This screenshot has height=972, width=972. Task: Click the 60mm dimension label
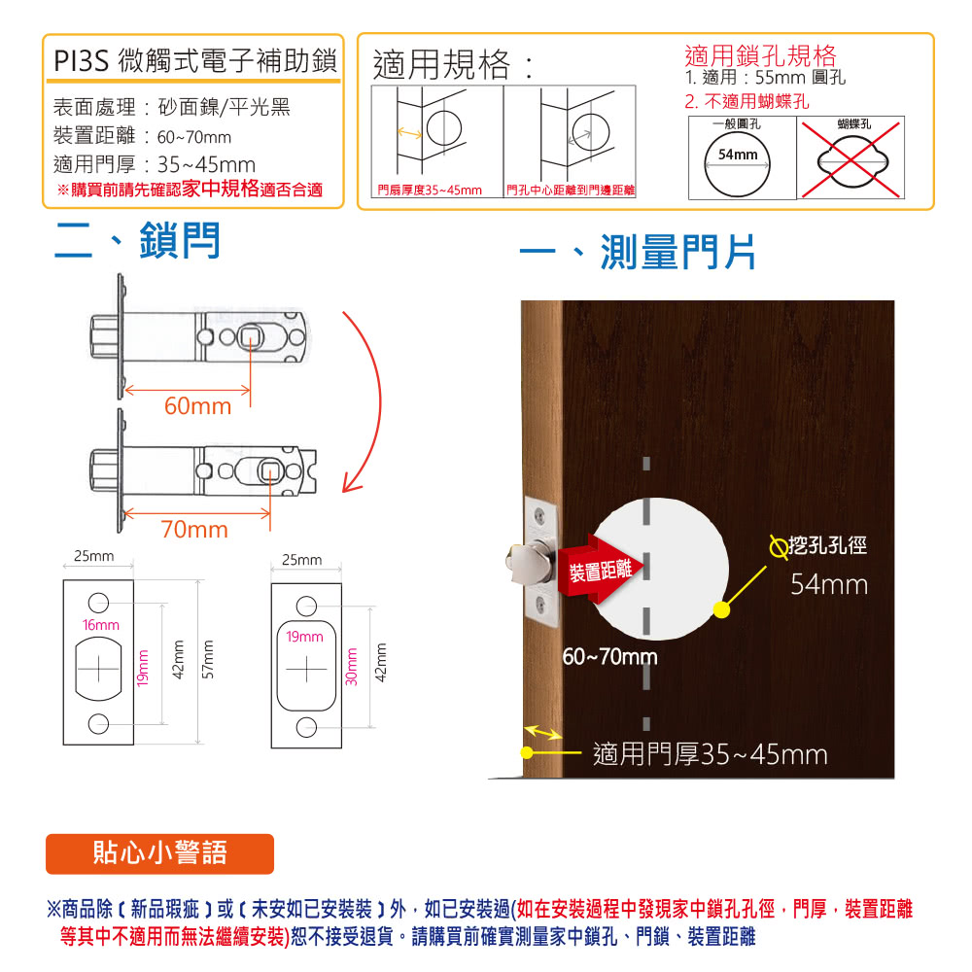coord(197,406)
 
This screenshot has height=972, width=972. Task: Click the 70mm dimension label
coord(194,530)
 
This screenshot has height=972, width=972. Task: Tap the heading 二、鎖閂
coord(137,242)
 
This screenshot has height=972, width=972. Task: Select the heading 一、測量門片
coord(638,255)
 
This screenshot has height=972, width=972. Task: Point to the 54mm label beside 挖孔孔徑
coord(829,585)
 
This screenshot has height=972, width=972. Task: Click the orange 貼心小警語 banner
coord(160,853)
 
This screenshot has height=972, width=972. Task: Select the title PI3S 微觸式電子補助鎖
coord(194,63)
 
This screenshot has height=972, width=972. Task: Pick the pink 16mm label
coord(100,624)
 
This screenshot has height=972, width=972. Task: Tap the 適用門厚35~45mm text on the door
coord(710,754)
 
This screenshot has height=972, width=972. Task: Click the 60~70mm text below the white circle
coord(609,657)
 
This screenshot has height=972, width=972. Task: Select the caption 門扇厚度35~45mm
coord(429,190)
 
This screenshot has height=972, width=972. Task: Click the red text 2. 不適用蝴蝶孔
coord(746,102)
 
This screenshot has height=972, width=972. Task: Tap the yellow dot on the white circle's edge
coord(720,610)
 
